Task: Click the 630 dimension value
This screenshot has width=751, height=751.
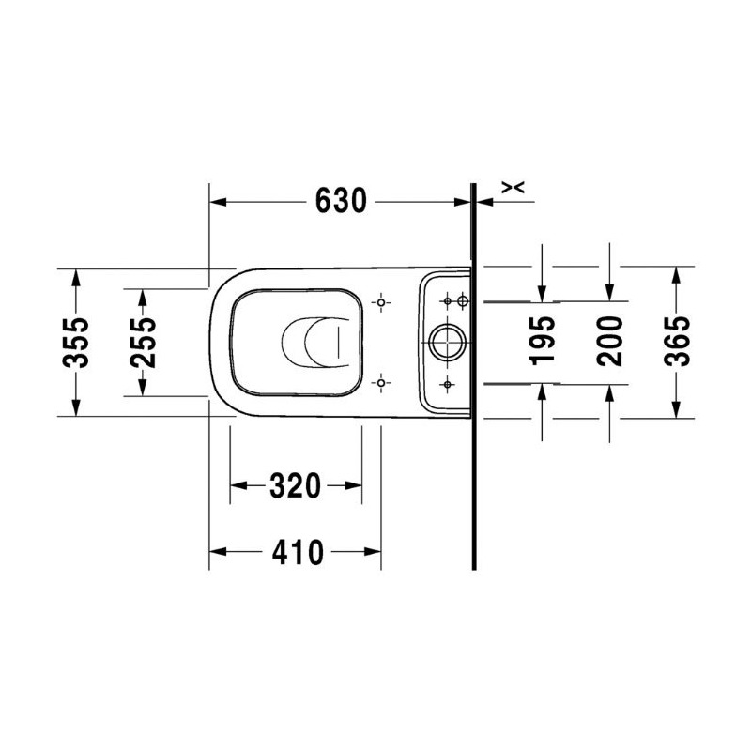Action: pos(341,201)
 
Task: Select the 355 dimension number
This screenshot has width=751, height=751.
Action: pos(76,342)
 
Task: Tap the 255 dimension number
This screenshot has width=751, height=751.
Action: pos(143,342)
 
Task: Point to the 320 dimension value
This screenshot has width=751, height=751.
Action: pos(295,485)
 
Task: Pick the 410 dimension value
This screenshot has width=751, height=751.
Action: pos(298,552)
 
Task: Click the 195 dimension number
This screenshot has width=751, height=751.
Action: pos(543,341)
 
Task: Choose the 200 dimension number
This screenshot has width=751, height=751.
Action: pos(609,341)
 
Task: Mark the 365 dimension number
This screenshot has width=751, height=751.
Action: pos(677,341)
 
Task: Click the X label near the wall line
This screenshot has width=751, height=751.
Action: pos(513,187)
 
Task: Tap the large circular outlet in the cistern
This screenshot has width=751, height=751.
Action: pos(447,342)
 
